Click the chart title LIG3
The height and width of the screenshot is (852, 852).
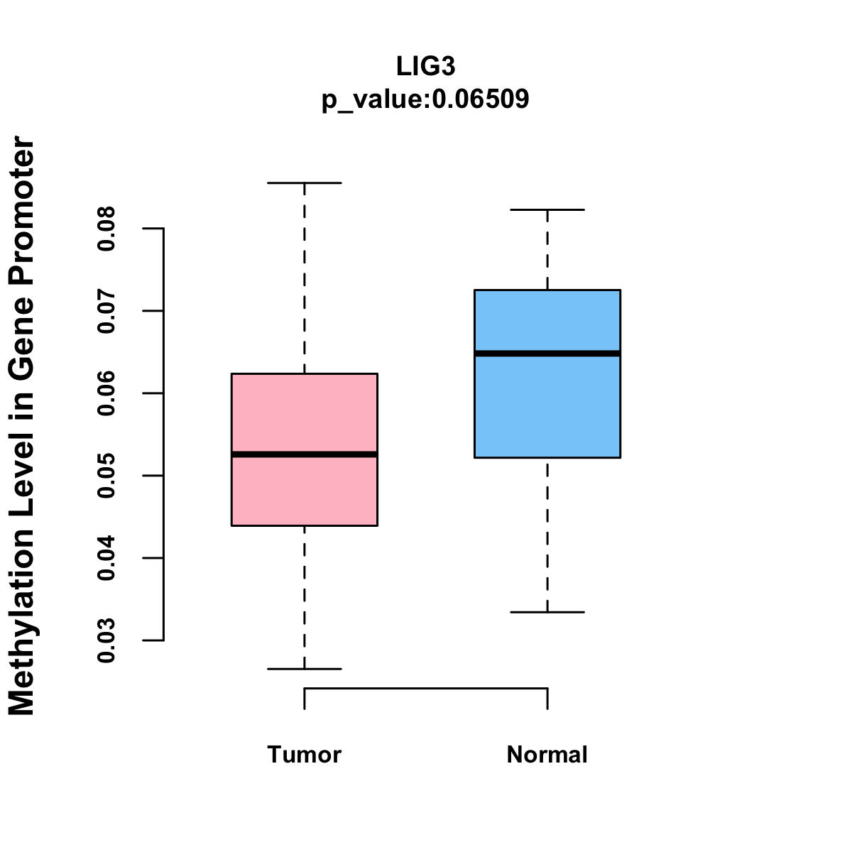[425, 66]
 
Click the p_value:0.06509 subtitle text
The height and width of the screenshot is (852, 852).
[425, 99]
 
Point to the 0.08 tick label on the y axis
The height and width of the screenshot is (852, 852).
[106, 229]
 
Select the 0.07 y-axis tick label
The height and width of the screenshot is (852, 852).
[106, 311]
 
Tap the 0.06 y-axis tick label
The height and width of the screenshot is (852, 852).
[106, 393]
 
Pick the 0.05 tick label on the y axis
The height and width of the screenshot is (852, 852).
[106, 476]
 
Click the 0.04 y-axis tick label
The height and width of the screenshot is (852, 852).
[106, 558]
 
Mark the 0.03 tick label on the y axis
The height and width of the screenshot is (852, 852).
[106, 640]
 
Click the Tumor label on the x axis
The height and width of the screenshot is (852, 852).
[304, 755]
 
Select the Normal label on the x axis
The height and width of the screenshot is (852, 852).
[547, 755]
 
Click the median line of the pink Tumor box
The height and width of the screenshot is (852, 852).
[304, 454]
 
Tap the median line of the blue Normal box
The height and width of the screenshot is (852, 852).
[547, 354]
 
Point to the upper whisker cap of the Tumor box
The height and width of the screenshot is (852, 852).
[304, 183]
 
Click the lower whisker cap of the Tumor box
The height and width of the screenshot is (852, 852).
[304, 669]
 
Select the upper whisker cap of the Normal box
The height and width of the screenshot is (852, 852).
[547, 210]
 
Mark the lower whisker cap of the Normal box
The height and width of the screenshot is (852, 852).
[547, 612]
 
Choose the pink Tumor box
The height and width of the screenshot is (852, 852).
[304, 412]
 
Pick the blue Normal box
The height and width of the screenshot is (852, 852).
[547, 405]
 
